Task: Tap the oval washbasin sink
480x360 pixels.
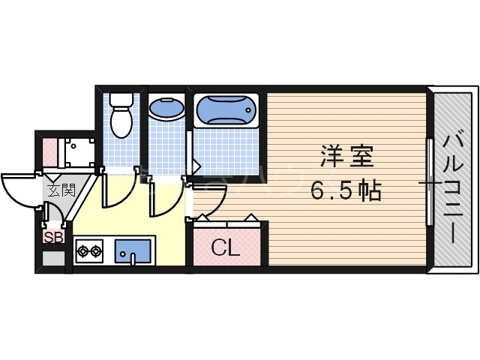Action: pyautogui.click(x=166, y=109)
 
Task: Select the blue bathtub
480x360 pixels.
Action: pyautogui.click(x=226, y=111)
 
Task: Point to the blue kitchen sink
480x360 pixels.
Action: pyautogui.click(x=133, y=250)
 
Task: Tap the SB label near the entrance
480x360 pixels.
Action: pyautogui.click(x=52, y=238)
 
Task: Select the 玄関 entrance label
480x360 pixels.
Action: pyautogui.click(x=61, y=190)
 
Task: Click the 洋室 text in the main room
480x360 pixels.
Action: pyautogui.click(x=346, y=159)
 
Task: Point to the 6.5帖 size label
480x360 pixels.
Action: pyautogui.click(x=346, y=191)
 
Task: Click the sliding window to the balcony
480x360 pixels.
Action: pyautogui.click(x=429, y=181)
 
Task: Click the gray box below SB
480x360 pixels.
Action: pyautogui.click(x=52, y=259)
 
